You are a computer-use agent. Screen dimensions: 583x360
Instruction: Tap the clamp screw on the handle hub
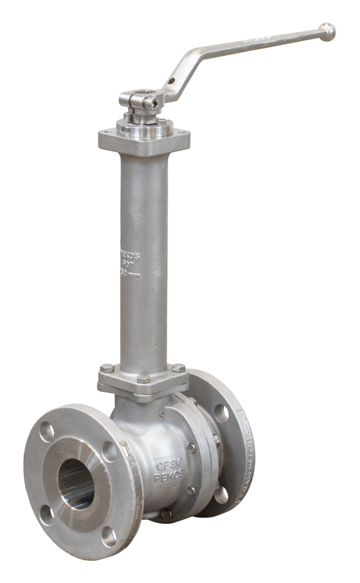coord(151,103)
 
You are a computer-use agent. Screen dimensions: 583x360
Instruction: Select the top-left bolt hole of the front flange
coord(47,433)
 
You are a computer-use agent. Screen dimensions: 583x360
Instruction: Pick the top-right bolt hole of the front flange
coord(109,451)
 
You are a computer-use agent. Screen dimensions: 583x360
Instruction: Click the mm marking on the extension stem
coord(133,274)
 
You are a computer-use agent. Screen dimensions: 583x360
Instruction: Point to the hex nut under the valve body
coord(165,514)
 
